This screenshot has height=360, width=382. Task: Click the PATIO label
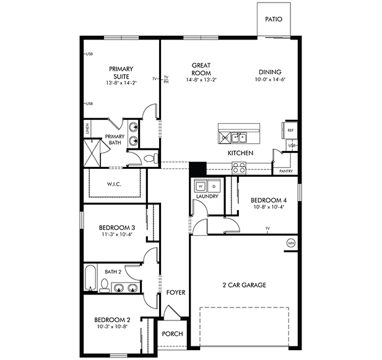coord(274,19)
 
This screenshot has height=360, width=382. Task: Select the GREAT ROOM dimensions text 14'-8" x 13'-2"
coord(201,79)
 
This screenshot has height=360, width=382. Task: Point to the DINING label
coord(271,72)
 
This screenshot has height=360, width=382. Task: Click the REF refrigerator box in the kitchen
coord(290,130)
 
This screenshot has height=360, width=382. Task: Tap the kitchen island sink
coord(238,137)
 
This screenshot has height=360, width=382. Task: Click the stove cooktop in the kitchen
coord(238,166)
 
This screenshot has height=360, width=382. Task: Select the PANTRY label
coord(286,171)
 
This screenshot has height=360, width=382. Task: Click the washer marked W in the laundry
coord(201,186)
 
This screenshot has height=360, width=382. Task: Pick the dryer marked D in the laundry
coord(214,186)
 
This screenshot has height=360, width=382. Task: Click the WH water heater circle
coord(290,243)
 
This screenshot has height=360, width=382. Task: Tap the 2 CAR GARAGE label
coord(244,285)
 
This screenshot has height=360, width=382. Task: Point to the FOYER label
coord(176,292)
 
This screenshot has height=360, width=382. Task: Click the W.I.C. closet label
coord(113,183)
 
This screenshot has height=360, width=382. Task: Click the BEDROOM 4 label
coord(268,200)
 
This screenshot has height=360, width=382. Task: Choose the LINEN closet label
coord(87,130)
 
